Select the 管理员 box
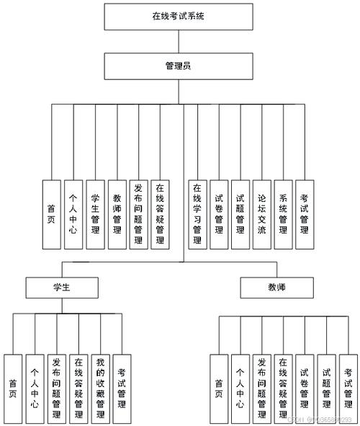(x=179, y=66)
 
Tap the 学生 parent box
(x=61, y=288)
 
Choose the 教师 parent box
(x=277, y=288)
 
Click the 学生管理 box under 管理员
(x=95, y=214)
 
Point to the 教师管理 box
(x=117, y=214)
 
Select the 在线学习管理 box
(x=197, y=214)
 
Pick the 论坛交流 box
(x=262, y=214)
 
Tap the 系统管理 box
(x=284, y=214)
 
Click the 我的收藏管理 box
(x=101, y=389)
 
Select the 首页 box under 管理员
(x=51, y=214)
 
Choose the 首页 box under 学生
(x=13, y=389)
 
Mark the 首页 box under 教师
(x=219, y=389)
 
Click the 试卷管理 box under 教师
(x=305, y=389)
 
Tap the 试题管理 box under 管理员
(x=240, y=214)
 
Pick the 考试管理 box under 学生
(x=122, y=389)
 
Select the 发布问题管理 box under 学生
(x=57, y=389)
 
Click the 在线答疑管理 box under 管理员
(x=160, y=214)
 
